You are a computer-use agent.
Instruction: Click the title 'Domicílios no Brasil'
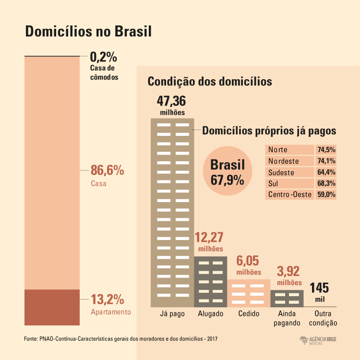88,32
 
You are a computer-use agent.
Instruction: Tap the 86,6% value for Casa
108,170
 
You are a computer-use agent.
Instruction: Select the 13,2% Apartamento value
108,300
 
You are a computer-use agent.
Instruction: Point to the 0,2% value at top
104,57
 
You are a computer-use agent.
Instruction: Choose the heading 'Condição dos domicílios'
210,81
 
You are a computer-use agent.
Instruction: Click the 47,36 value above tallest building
172,102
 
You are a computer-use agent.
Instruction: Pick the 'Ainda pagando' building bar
287,298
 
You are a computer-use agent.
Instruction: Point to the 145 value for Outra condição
319,288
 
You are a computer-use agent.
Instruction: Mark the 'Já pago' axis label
172,314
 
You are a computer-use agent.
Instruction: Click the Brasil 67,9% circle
228,172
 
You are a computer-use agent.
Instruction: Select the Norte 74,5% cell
326,149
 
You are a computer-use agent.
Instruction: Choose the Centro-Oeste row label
290,195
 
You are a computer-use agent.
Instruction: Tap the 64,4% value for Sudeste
326,172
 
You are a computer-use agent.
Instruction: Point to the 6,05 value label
248,261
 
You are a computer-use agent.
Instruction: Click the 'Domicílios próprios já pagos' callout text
269,131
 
